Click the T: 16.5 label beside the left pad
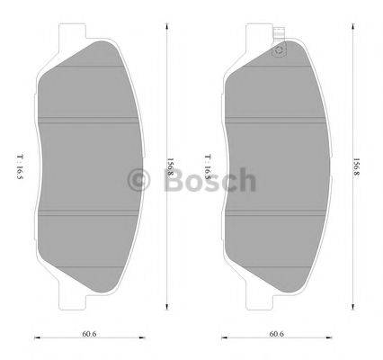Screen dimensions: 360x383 pos(18,167)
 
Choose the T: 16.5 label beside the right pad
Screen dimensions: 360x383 pos(208,167)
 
